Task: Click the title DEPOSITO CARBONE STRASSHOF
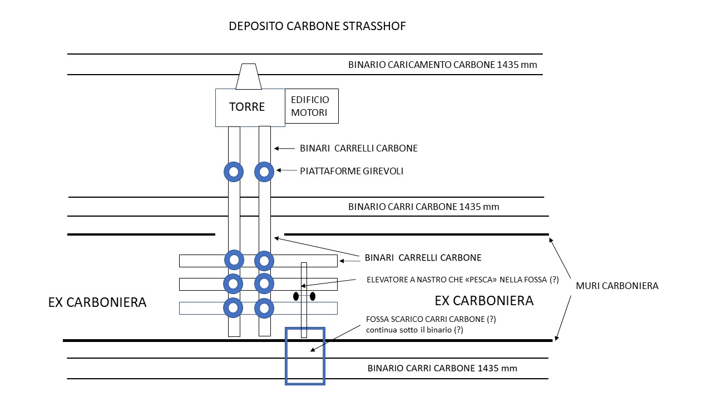(317, 26)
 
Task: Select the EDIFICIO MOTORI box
(311, 106)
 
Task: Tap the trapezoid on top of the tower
(249, 76)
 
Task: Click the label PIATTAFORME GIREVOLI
(352, 171)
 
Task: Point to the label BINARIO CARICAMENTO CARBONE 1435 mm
(443, 65)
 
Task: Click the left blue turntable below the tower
(234, 172)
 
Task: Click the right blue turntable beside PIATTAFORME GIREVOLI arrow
(264, 172)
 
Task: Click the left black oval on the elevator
(296, 296)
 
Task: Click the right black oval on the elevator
(313, 296)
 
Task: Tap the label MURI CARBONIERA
(617, 286)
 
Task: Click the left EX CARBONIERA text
(97, 302)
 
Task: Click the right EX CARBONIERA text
(484, 301)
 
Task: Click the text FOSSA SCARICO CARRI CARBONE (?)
(431, 320)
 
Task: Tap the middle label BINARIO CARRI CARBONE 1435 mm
(424, 207)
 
